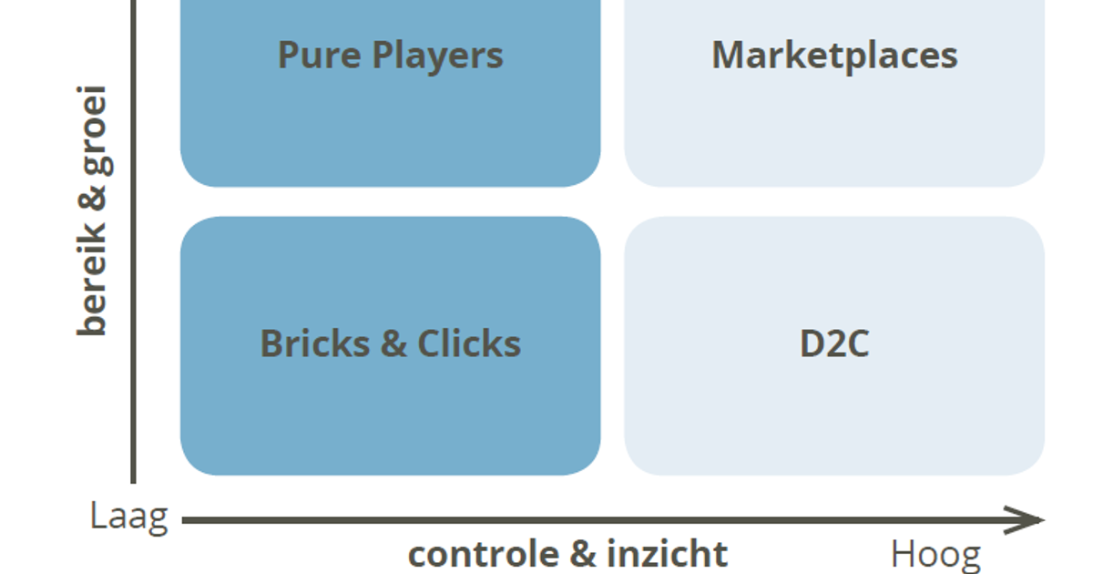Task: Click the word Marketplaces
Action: pos(834,56)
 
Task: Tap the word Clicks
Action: pos(469,343)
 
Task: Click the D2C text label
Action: pos(834,343)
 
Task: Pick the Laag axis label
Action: pos(128,517)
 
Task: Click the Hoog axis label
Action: pos(935,554)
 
